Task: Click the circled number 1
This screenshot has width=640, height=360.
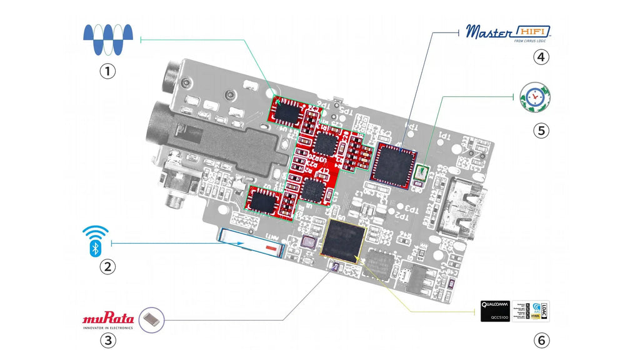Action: (x=109, y=71)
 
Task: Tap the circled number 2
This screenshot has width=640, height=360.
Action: (x=109, y=267)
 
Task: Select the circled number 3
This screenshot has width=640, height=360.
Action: (x=109, y=341)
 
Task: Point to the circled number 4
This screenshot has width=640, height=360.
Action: (x=541, y=57)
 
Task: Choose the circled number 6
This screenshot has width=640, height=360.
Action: (x=541, y=341)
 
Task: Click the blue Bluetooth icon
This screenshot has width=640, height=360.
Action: (x=95, y=241)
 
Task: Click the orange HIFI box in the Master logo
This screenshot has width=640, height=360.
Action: (x=533, y=31)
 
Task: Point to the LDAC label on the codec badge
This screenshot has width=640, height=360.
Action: (x=544, y=311)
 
